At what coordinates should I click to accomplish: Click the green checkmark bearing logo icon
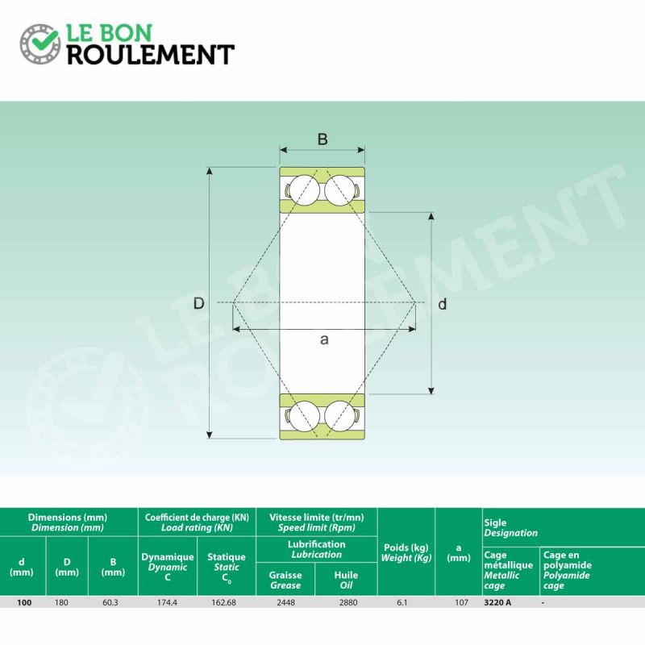pos(40,44)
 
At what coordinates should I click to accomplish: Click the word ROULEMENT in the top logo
pos(151,55)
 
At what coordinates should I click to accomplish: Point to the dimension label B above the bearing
pos(322,139)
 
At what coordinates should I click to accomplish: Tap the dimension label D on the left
pos(198,304)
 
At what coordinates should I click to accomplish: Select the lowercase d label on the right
pos(442,304)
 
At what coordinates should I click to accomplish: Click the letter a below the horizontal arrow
pos(324,339)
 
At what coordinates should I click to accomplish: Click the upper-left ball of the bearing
pos(304,190)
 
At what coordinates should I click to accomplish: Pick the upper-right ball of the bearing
pos(339,190)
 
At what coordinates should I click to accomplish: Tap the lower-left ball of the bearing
pos(304,416)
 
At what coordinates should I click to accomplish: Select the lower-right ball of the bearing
pos(339,416)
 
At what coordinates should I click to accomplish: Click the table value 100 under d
pos(24,602)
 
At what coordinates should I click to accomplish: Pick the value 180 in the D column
pos(61,602)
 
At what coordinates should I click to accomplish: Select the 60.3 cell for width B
pos(110,602)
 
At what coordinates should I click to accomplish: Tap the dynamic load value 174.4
pos(167,602)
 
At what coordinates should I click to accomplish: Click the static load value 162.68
pos(224,602)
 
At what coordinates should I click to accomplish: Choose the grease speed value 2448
pos(286,602)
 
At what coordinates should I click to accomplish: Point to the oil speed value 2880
pos(348,602)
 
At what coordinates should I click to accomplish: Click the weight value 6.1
pos(402,602)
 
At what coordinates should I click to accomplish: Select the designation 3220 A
pos(497,602)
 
